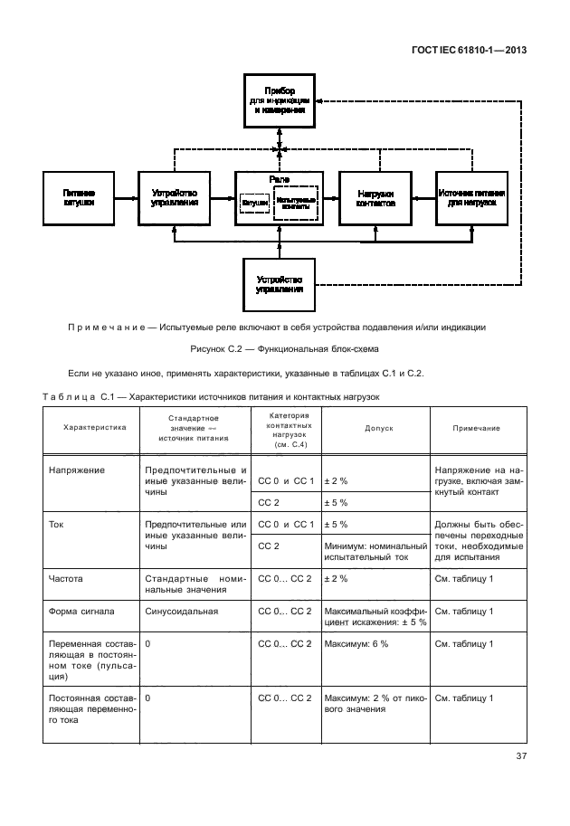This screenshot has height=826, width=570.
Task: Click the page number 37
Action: click(520, 756)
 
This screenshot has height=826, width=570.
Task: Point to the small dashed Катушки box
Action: click(254, 205)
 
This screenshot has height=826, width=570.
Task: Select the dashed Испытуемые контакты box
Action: click(297, 204)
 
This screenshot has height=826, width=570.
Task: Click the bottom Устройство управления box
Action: click(280, 283)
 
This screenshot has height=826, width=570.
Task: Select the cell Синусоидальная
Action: click(181, 612)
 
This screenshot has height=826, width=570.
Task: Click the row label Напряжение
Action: click(80, 470)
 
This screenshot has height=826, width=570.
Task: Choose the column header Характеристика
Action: click(94, 427)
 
